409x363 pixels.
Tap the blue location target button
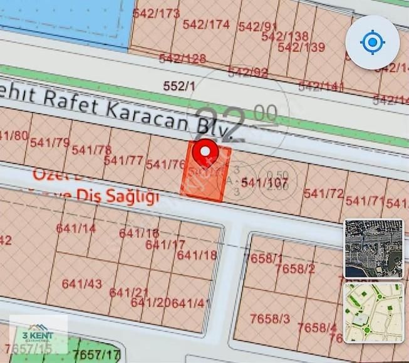[x=373, y=43]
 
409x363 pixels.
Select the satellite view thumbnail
[x=374, y=249]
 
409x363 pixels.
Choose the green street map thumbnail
[x=374, y=312]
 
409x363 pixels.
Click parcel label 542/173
[x=157, y=13]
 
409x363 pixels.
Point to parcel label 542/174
[x=206, y=24]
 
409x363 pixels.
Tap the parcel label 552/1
[x=179, y=86]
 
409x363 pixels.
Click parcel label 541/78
[x=91, y=150]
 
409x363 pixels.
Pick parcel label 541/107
[x=264, y=182]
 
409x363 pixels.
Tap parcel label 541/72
[x=324, y=193]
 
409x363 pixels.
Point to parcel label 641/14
[x=76, y=228]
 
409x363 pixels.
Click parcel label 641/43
[x=81, y=284]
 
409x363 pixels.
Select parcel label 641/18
[x=197, y=255]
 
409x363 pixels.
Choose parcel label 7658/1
[x=266, y=258]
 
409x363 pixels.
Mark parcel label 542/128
[x=182, y=58]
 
